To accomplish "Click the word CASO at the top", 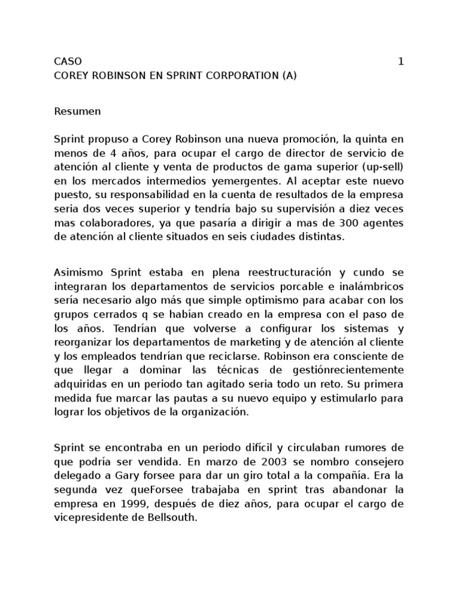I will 68,61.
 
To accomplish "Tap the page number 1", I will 401,61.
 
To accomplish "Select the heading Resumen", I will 78,111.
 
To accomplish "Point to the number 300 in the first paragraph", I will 333,223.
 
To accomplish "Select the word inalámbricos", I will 371,286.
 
